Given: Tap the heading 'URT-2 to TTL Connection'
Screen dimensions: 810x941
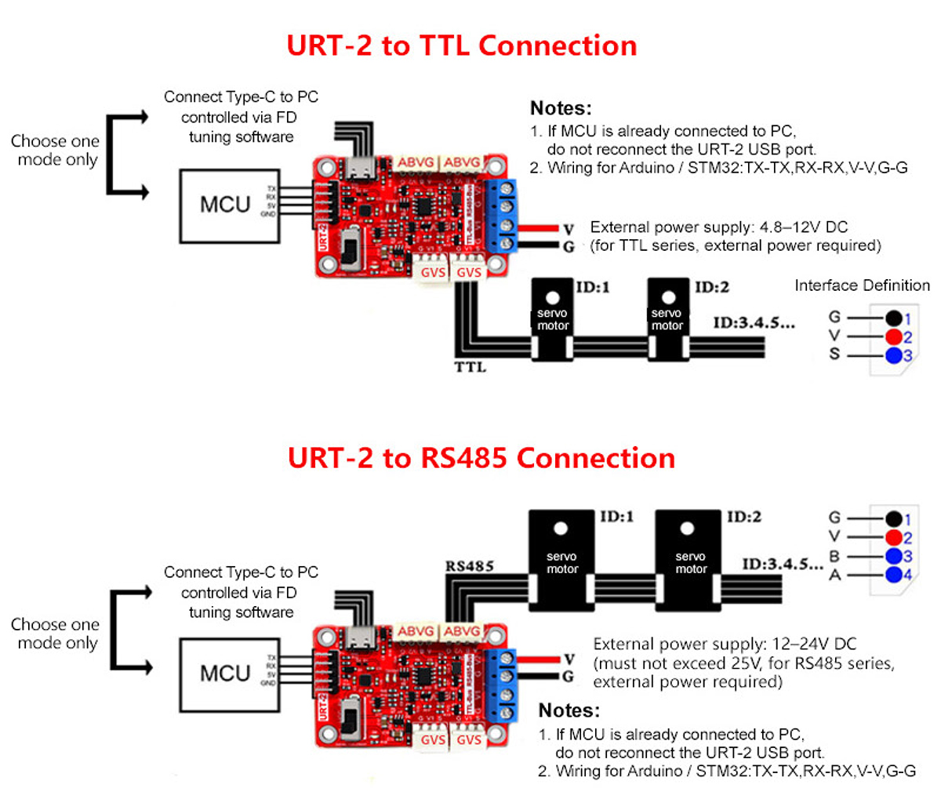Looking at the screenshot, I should click(x=461, y=45).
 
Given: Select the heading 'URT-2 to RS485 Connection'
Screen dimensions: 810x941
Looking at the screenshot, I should click(x=481, y=458).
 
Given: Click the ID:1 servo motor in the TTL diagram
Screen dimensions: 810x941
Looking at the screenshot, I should click(x=553, y=318).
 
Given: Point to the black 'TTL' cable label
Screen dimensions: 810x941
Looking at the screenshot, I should click(x=470, y=366).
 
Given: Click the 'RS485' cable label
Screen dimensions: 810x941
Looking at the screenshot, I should click(x=469, y=566).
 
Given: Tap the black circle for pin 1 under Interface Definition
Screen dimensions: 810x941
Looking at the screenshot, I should click(x=894, y=318).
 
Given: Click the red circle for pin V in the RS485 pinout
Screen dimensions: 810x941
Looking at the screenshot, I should click(x=894, y=537).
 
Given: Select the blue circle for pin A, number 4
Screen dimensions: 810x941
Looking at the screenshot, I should click(x=894, y=575).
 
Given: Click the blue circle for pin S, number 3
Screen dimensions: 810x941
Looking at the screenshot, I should click(x=894, y=356).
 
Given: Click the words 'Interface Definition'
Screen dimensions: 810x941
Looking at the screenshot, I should click(x=862, y=285).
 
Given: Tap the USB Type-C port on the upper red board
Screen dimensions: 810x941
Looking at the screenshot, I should click(x=363, y=167).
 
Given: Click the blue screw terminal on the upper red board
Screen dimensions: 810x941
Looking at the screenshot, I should click(x=503, y=216).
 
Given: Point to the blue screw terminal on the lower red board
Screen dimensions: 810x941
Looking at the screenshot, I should click(x=503, y=685).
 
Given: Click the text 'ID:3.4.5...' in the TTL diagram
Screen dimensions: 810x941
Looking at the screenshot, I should click(x=754, y=323).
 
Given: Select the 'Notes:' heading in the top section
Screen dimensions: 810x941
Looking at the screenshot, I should click(x=561, y=108).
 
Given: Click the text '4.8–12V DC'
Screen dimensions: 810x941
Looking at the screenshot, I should click(x=804, y=227).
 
